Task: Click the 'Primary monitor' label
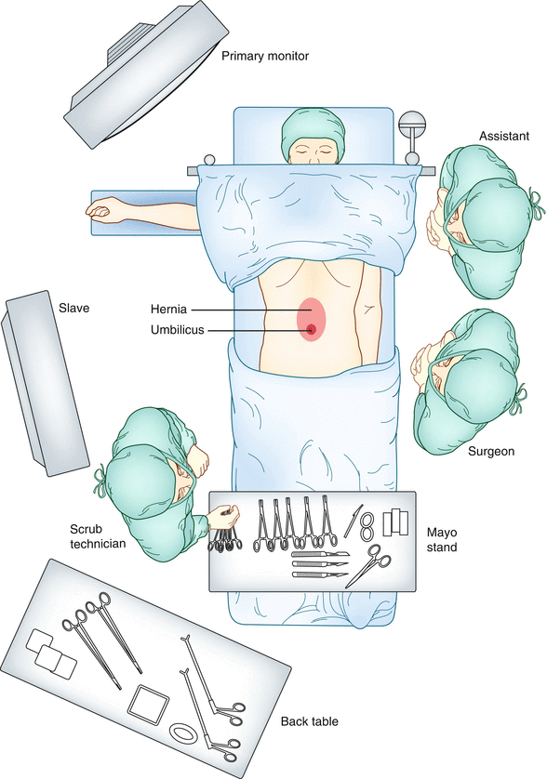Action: [264, 56]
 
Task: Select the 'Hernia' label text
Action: [169, 309]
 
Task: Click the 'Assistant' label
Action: [503, 137]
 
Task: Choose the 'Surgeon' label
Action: [493, 451]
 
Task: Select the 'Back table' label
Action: [311, 721]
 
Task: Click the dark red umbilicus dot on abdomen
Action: [311, 329]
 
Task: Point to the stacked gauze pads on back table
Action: [51, 652]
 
